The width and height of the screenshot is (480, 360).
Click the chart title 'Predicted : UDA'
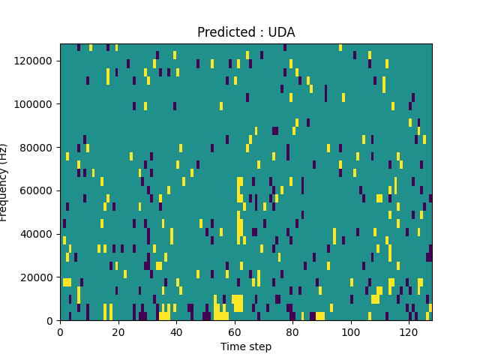point(246,32)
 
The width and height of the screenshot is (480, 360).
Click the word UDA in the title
point(282,32)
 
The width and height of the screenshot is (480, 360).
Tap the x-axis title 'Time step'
point(246,346)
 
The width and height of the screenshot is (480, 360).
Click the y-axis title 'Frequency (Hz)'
point(4,182)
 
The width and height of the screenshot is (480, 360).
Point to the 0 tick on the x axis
point(60,331)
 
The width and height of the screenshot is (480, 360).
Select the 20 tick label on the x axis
point(118,331)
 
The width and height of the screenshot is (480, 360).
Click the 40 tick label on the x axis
point(176,331)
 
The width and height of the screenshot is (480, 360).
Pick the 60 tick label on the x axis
point(234,331)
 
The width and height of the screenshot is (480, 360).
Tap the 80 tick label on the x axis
point(292,331)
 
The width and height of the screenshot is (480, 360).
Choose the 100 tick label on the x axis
point(350,331)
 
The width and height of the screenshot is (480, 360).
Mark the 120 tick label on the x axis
point(409,331)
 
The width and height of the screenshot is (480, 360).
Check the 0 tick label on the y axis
point(51,321)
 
